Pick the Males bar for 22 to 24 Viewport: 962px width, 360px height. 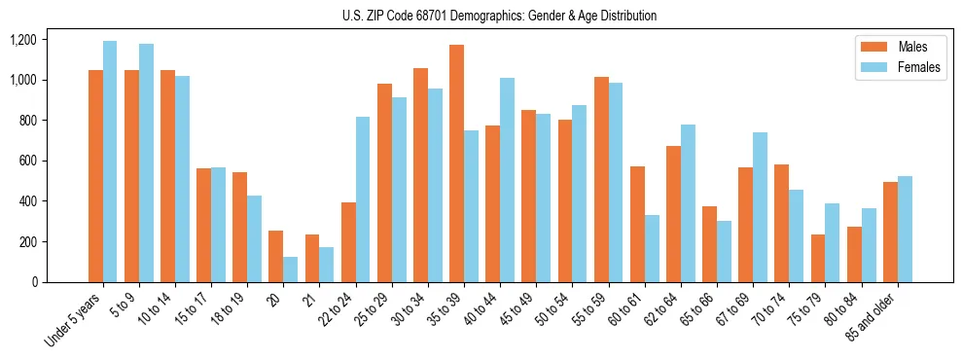click(348, 242)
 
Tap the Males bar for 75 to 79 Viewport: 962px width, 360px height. click(818, 258)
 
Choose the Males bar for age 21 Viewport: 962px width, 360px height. click(312, 258)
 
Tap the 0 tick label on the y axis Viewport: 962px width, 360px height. click(34, 282)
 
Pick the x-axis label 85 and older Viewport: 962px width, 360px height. click(872, 317)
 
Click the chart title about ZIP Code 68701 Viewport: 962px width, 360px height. click(499, 16)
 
